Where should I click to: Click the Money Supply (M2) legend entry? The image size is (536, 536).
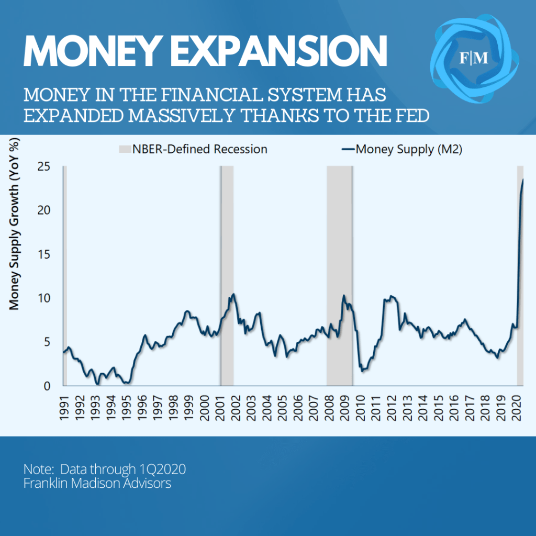tap(403, 149)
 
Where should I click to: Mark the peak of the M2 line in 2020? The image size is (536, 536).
tap(522, 180)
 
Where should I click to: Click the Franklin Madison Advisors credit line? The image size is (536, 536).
tap(97, 483)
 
